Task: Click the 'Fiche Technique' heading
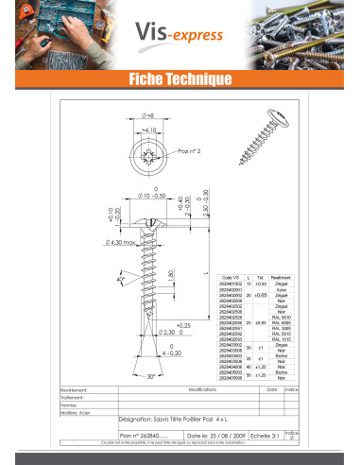click(180, 80)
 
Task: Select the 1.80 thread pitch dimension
click(170, 275)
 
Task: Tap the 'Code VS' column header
click(231, 278)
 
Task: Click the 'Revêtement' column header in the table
click(281, 278)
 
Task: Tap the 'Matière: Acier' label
click(76, 413)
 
